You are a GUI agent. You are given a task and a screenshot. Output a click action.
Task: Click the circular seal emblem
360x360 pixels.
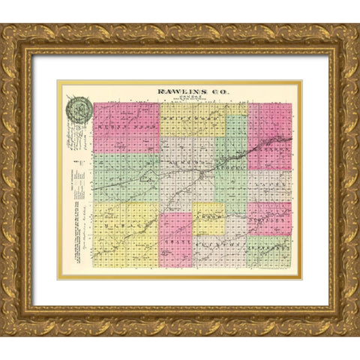[78, 109]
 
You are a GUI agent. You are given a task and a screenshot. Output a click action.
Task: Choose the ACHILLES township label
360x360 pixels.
[268, 222]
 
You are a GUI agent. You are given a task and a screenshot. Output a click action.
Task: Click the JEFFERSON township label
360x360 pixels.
[268, 244]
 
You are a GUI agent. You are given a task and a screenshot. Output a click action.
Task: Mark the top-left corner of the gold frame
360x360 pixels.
[2, 25]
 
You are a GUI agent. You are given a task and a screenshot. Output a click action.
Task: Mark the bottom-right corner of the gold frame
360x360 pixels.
[358, 334]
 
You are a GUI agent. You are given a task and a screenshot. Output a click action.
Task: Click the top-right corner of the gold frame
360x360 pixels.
[358, 25]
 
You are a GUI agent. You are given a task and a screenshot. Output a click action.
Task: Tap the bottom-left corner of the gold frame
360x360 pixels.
[2, 334]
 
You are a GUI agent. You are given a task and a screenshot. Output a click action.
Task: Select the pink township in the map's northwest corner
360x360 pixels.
[125, 128]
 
